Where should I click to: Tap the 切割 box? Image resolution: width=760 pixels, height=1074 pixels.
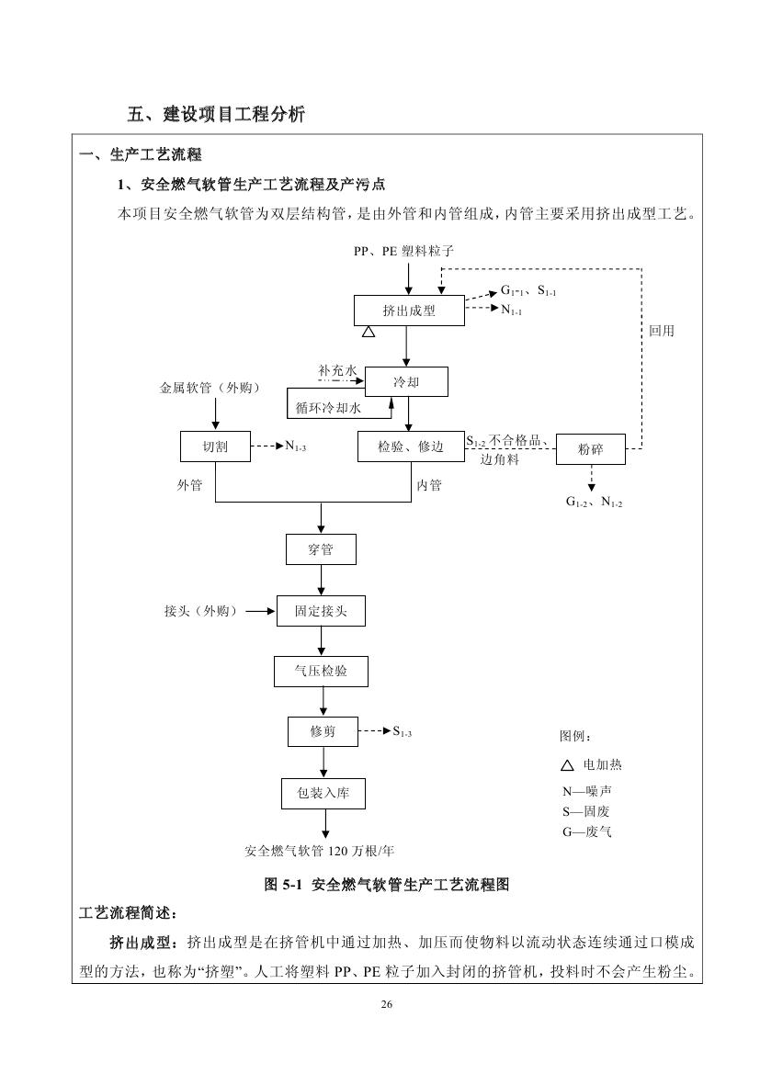click(x=215, y=447)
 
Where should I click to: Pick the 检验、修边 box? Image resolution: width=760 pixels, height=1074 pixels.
click(x=411, y=447)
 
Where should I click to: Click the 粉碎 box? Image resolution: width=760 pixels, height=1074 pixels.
click(x=590, y=450)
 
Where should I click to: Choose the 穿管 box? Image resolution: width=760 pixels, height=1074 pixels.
click(x=321, y=550)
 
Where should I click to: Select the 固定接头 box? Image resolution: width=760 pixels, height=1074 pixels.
click(x=321, y=611)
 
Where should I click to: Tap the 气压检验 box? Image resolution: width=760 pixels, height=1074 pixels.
click(x=321, y=672)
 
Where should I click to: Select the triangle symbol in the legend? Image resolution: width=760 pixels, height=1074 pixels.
click(x=567, y=765)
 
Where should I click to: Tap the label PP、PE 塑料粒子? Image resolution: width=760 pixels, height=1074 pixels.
click(x=404, y=250)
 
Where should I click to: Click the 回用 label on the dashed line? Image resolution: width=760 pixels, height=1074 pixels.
click(x=661, y=331)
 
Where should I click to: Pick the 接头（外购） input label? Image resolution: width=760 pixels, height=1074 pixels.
click(x=200, y=611)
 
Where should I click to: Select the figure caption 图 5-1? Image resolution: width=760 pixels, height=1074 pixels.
click(x=386, y=885)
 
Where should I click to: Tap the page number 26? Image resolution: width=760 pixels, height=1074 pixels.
click(x=387, y=1004)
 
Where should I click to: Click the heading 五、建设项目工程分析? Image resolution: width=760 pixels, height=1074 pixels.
click(x=216, y=115)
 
